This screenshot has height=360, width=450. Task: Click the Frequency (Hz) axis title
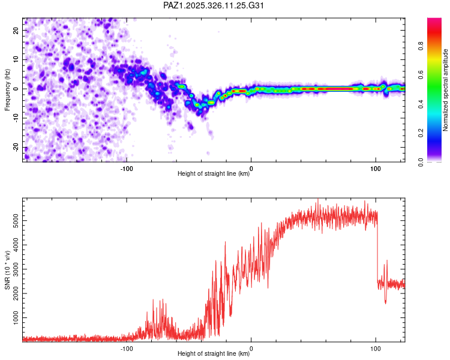(x=7, y=89)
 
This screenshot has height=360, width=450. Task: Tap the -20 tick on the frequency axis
(x=16, y=148)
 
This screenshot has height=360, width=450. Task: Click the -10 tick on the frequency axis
(x=16, y=118)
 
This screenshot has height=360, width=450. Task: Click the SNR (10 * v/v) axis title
(x=7, y=270)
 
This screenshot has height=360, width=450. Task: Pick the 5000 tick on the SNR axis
(x=13, y=221)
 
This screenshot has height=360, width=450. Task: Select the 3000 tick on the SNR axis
(x=13, y=268)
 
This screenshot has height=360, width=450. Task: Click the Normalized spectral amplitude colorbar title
(x=445, y=89)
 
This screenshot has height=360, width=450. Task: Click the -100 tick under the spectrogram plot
(x=126, y=168)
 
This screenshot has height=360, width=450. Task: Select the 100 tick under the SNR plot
(x=376, y=348)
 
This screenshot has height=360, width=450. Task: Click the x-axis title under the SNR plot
(x=214, y=354)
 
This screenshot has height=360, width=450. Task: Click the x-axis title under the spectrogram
(x=214, y=174)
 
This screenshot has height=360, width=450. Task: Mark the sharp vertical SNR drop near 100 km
(x=377, y=252)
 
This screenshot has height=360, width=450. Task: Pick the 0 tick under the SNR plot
(x=251, y=348)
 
